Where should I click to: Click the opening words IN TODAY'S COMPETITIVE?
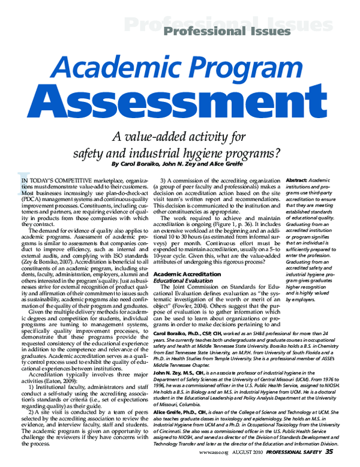point(57,180)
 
